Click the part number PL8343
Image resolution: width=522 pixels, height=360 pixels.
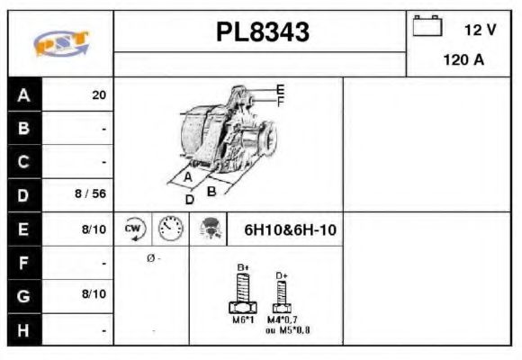pyautogui.click(x=262, y=32)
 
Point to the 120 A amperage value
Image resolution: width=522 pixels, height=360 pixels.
pyautogui.click(x=464, y=61)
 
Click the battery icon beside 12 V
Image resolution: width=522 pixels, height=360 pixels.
pyautogui.click(x=427, y=27)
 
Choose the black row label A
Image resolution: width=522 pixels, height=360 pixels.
pyautogui.click(x=23, y=94)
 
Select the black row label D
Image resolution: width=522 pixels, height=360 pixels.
pyautogui.click(x=23, y=193)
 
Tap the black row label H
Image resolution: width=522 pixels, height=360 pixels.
pyautogui.click(x=23, y=330)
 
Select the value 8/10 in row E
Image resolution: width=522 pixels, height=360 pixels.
pyautogui.click(x=94, y=229)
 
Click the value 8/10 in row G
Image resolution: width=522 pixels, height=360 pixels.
pyautogui.click(x=94, y=294)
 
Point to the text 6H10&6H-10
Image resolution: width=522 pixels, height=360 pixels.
pyautogui.click(x=290, y=230)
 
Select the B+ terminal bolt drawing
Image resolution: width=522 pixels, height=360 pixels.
pyautogui.click(x=242, y=293)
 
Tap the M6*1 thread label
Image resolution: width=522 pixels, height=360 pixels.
pyautogui.click(x=242, y=319)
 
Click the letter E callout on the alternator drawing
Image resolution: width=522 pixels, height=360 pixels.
pyautogui.click(x=280, y=89)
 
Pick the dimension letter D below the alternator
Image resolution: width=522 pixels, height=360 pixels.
pyautogui.click(x=189, y=199)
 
